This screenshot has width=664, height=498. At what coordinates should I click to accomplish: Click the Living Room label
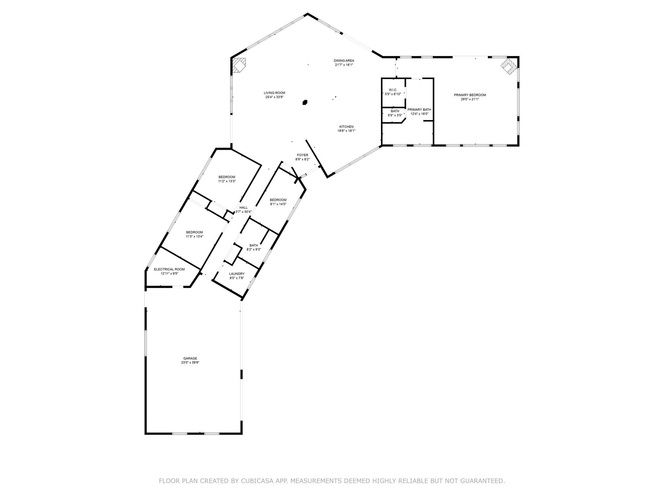pos(274,93)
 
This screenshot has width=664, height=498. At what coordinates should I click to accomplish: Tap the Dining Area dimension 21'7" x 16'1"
pos(344,65)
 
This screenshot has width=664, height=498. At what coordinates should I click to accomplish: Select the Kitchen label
pos(346,127)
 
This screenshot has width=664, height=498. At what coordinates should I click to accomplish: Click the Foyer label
pos(302,155)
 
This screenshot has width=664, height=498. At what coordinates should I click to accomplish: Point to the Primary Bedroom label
pos(469,95)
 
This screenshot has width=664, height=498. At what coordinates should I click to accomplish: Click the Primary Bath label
pos(419,110)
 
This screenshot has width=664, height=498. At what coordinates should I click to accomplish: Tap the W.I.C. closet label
pos(393,90)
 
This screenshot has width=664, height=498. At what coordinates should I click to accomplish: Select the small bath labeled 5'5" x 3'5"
pos(395,113)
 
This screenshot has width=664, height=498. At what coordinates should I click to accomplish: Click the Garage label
pos(190,358)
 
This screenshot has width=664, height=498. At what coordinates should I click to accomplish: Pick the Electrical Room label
pos(169,269)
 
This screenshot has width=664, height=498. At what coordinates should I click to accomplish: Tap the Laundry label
pos(237,274)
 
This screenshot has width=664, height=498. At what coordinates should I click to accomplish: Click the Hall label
pos(243,208)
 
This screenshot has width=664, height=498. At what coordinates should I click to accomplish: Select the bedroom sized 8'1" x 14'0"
pos(278,202)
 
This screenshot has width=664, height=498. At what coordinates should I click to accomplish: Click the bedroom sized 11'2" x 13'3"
pos(227,179)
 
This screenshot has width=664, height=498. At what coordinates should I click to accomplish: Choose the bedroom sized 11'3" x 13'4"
pos(194,234)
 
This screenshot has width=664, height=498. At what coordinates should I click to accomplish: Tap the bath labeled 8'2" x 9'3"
pos(254,247)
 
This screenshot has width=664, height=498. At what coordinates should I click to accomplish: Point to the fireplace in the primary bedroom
pos(508,66)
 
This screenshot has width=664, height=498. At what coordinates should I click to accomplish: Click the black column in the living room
pos(305,102)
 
